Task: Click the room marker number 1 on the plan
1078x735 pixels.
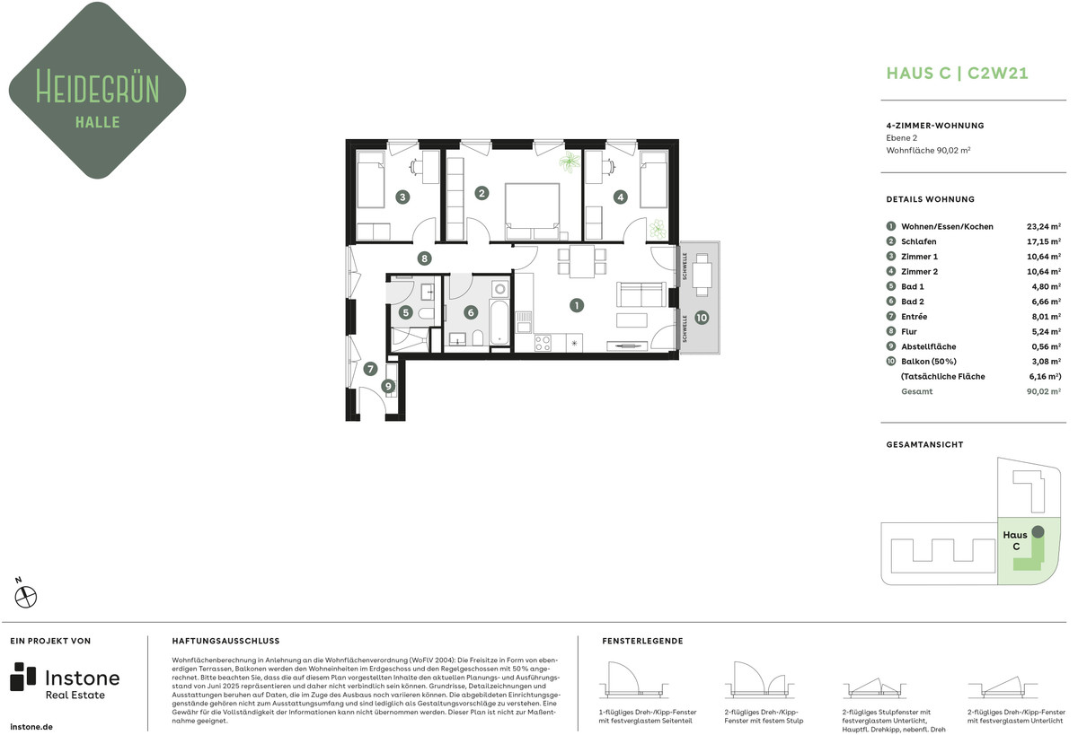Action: [x=576, y=305]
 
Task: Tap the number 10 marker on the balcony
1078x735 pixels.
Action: [x=702, y=318]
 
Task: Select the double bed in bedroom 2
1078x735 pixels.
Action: [x=532, y=211]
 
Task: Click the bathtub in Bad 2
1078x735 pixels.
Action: [x=499, y=322]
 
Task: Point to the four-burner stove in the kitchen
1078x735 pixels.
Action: [x=543, y=343]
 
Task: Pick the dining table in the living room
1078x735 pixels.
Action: [x=581, y=261]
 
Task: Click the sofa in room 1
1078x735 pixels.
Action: [x=641, y=294]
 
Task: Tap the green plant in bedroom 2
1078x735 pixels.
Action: [x=570, y=162]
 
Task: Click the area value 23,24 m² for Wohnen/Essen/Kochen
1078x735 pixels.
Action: [x=1043, y=226]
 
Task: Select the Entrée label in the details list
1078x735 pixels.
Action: [x=914, y=316]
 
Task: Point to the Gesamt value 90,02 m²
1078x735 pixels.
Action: [x=1043, y=391]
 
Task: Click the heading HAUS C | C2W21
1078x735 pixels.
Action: [x=958, y=73]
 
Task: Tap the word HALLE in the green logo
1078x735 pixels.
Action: [x=98, y=122]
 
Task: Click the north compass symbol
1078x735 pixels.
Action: [x=26, y=597]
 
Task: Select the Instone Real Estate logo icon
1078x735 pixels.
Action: [x=22, y=677]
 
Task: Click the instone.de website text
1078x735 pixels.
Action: [x=31, y=727]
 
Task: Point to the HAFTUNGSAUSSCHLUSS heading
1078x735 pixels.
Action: [x=225, y=641]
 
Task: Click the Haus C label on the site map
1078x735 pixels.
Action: [x=1015, y=540]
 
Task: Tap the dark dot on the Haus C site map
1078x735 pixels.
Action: [x=1038, y=531]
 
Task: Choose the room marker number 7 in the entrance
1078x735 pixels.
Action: [x=370, y=369]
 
